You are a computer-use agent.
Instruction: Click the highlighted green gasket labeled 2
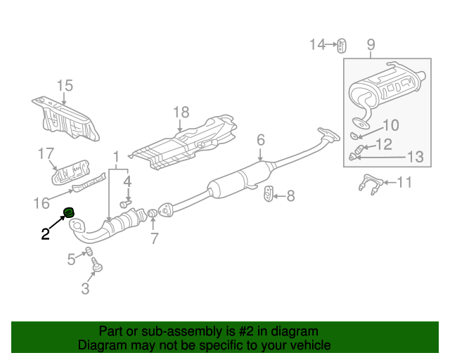pos(69,212)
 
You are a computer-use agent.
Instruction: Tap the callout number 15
pos(65,86)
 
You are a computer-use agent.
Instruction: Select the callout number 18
pos(181,112)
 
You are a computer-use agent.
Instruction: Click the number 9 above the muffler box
pos(371,46)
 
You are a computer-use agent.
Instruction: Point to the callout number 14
pos(318,45)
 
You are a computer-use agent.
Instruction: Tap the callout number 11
pos(404,184)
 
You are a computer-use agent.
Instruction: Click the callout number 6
pos(260,140)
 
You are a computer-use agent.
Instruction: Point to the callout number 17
pos(46,153)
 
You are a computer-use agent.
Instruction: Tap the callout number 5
pos(71,259)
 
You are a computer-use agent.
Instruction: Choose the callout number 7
pos(155,238)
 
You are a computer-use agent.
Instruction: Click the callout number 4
pos(127,181)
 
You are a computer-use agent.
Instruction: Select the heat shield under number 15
pos(67,118)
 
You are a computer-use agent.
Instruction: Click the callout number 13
pos(416,157)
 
